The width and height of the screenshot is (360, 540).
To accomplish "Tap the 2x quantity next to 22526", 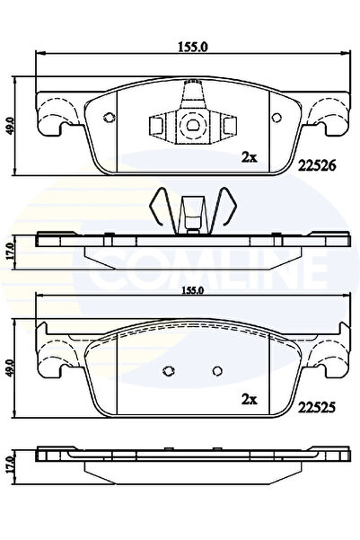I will (x=250, y=158).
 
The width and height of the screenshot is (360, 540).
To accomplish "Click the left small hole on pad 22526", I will (x=109, y=118).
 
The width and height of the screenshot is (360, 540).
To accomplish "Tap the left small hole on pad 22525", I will (x=168, y=369).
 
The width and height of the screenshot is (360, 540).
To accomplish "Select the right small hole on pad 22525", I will (x=215, y=369).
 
